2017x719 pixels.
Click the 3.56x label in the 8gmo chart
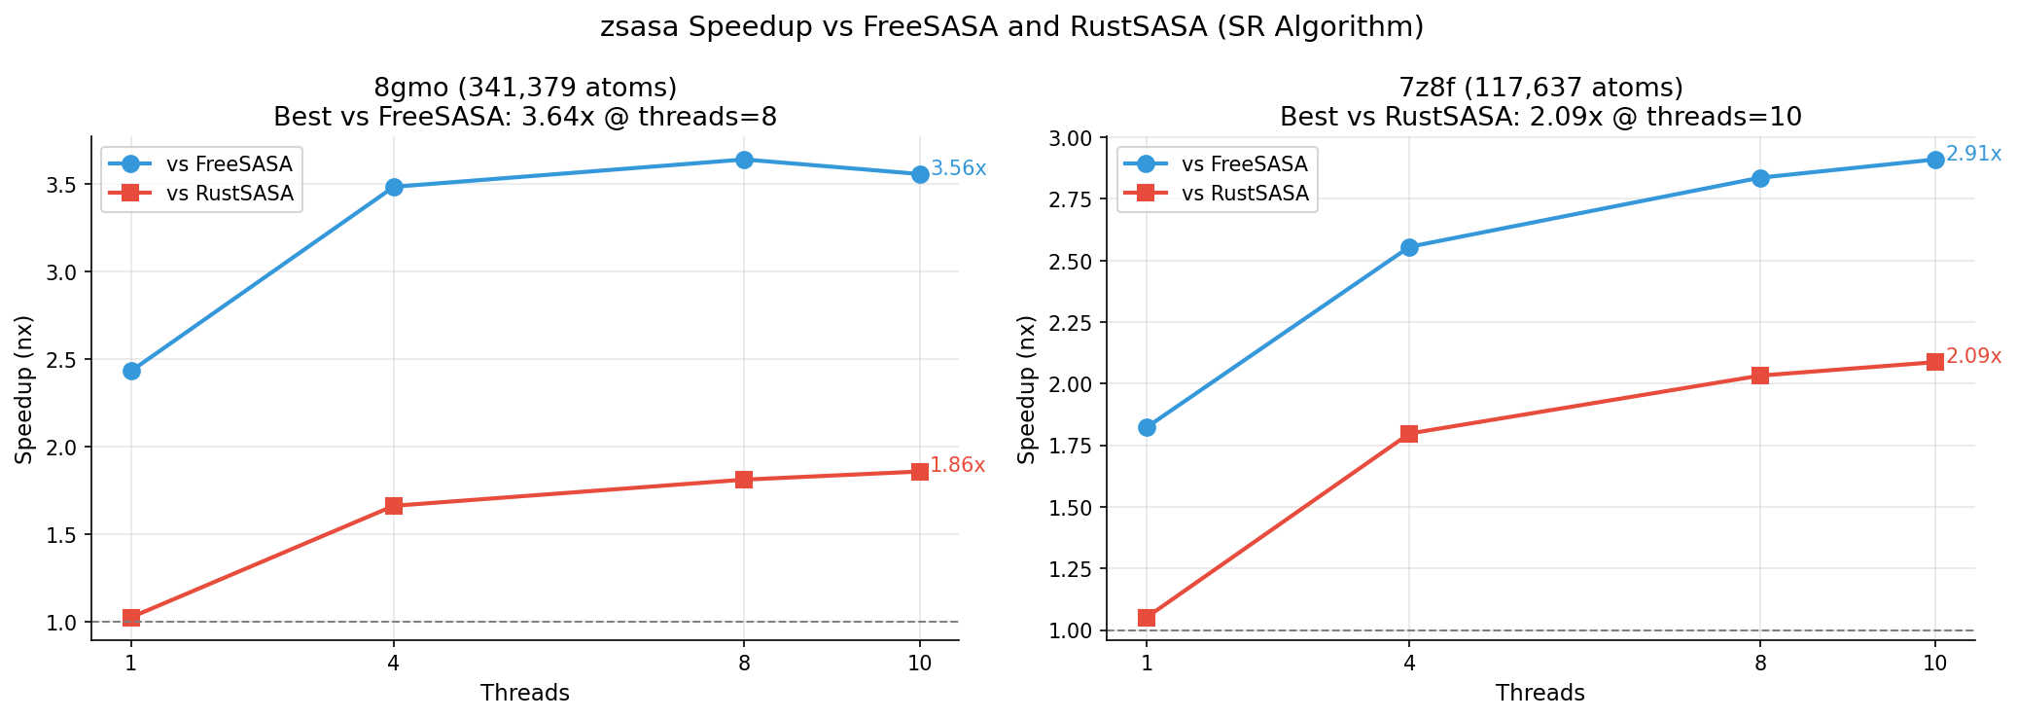click(x=958, y=168)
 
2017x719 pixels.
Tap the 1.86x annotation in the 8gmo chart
click(x=957, y=465)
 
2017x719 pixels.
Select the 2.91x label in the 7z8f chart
click(x=1973, y=154)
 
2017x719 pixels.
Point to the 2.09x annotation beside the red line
click(x=1973, y=356)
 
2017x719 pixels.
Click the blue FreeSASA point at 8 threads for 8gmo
click(x=744, y=160)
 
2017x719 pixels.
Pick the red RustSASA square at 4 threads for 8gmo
click(x=394, y=506)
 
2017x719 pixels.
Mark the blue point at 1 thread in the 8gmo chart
click(x=131, y=371)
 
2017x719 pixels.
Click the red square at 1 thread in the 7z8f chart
click(x=1147, y=618)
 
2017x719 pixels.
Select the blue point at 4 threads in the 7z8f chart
click(x=1409, y=247)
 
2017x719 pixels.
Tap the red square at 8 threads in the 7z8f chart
click(x=1760, y=376)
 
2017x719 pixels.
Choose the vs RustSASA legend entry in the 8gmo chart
click(x=230, y=194)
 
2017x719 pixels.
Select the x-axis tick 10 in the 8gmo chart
click(x=919, y=665)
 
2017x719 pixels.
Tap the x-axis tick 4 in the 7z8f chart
click(x=1409, y=665)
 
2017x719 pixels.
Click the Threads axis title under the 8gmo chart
click(x=525, y=693)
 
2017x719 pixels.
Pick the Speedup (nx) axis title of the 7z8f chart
click(x=1026, y=389)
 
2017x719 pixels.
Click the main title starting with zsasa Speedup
click(x=1011, y=27)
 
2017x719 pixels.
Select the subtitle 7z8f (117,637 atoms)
click(x=1540, y=88)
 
